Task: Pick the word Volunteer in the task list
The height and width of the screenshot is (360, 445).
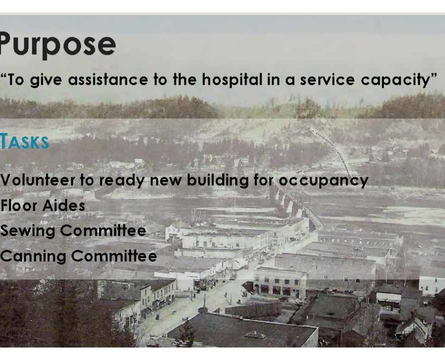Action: click(37, 180)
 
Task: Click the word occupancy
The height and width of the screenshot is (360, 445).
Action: click(323, 181)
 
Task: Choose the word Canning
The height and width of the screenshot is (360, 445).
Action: click(33, 256)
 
